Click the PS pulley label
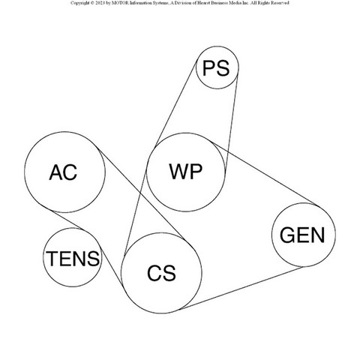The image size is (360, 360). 216,68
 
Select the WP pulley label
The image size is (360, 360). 186,172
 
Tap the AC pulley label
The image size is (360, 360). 63,172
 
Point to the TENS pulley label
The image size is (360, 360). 73,259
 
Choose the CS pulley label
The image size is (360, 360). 161,273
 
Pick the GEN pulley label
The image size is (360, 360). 302,235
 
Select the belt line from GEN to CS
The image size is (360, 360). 241,288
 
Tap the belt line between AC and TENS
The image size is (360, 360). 68,220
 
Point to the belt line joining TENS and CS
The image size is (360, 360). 112,268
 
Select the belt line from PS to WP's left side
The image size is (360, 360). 175,103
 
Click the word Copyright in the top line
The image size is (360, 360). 79,3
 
